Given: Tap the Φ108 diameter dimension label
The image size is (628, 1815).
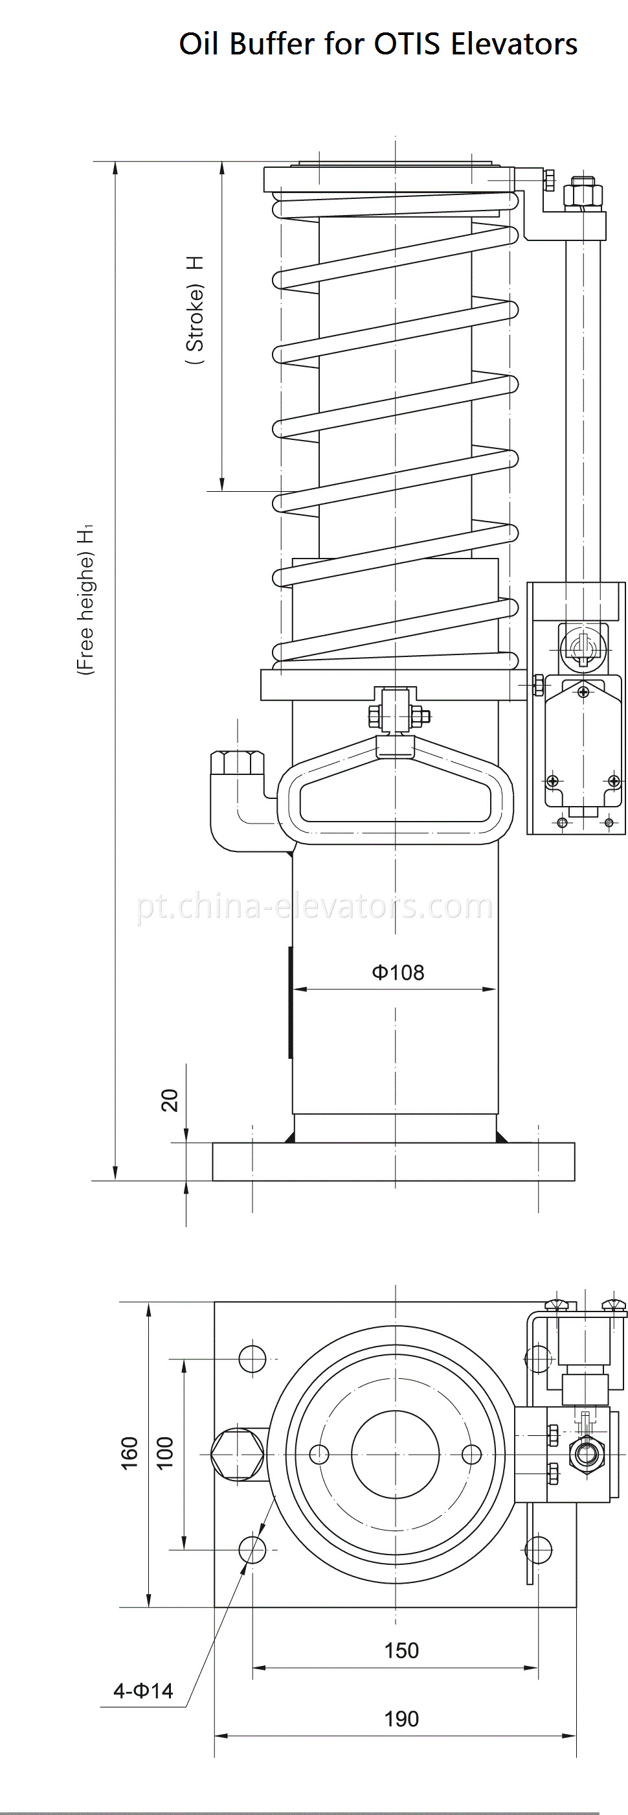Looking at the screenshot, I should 398,973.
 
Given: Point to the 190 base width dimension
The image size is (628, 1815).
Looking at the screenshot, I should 401,1718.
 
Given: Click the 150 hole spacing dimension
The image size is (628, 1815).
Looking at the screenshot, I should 401,1650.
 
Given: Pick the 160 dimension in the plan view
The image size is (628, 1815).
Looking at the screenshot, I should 129,1453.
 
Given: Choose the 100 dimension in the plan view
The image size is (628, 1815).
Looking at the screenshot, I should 164,1453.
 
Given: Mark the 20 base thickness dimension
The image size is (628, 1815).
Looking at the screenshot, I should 170,1100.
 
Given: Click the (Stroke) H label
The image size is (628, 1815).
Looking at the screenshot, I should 195,310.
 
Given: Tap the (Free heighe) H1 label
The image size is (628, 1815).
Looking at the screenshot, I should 85,599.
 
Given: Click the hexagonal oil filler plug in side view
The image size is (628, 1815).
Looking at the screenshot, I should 237,764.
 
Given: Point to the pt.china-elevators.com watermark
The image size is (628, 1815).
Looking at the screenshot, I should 315,906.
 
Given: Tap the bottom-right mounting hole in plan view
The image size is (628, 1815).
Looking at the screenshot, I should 539,1550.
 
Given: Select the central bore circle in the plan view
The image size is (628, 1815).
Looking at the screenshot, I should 395,1453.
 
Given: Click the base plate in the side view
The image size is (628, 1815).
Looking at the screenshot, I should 393,1161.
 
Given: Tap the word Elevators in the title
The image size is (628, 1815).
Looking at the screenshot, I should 514,45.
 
